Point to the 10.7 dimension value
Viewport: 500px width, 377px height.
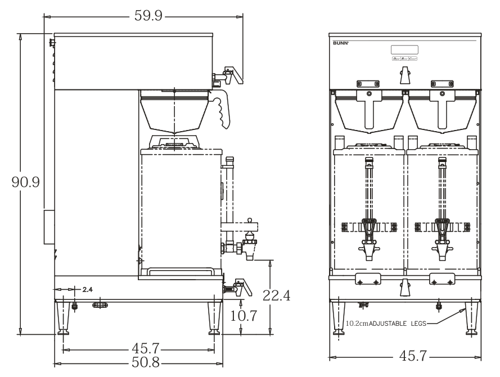point(244,316)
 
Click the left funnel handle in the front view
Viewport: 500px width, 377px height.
point(369,110)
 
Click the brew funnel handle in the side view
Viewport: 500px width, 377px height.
point(223,110)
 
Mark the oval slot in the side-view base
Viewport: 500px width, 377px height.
point(100,304)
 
